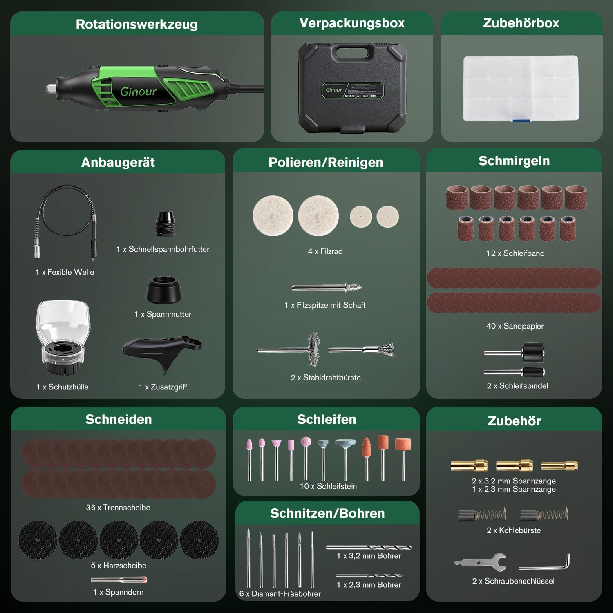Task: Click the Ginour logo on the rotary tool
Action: (139, 92)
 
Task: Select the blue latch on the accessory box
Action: (521, 120)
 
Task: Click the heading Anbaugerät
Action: (118, 162)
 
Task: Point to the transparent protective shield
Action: (62, 337)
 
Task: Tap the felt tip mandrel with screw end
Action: (327, 287)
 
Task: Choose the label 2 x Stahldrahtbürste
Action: (326, 378)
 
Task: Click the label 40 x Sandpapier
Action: (515, 326)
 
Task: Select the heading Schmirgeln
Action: (514, 161)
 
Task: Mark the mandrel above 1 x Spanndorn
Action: (119, 579)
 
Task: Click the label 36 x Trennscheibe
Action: (118, 508)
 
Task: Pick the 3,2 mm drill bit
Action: (369, 547)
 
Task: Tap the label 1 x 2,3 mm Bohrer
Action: (369, 585)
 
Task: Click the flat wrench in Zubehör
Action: (481, 562)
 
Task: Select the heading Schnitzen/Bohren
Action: (327, 513)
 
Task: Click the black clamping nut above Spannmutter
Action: (164, 290)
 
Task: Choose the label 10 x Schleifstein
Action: (328, 486)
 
